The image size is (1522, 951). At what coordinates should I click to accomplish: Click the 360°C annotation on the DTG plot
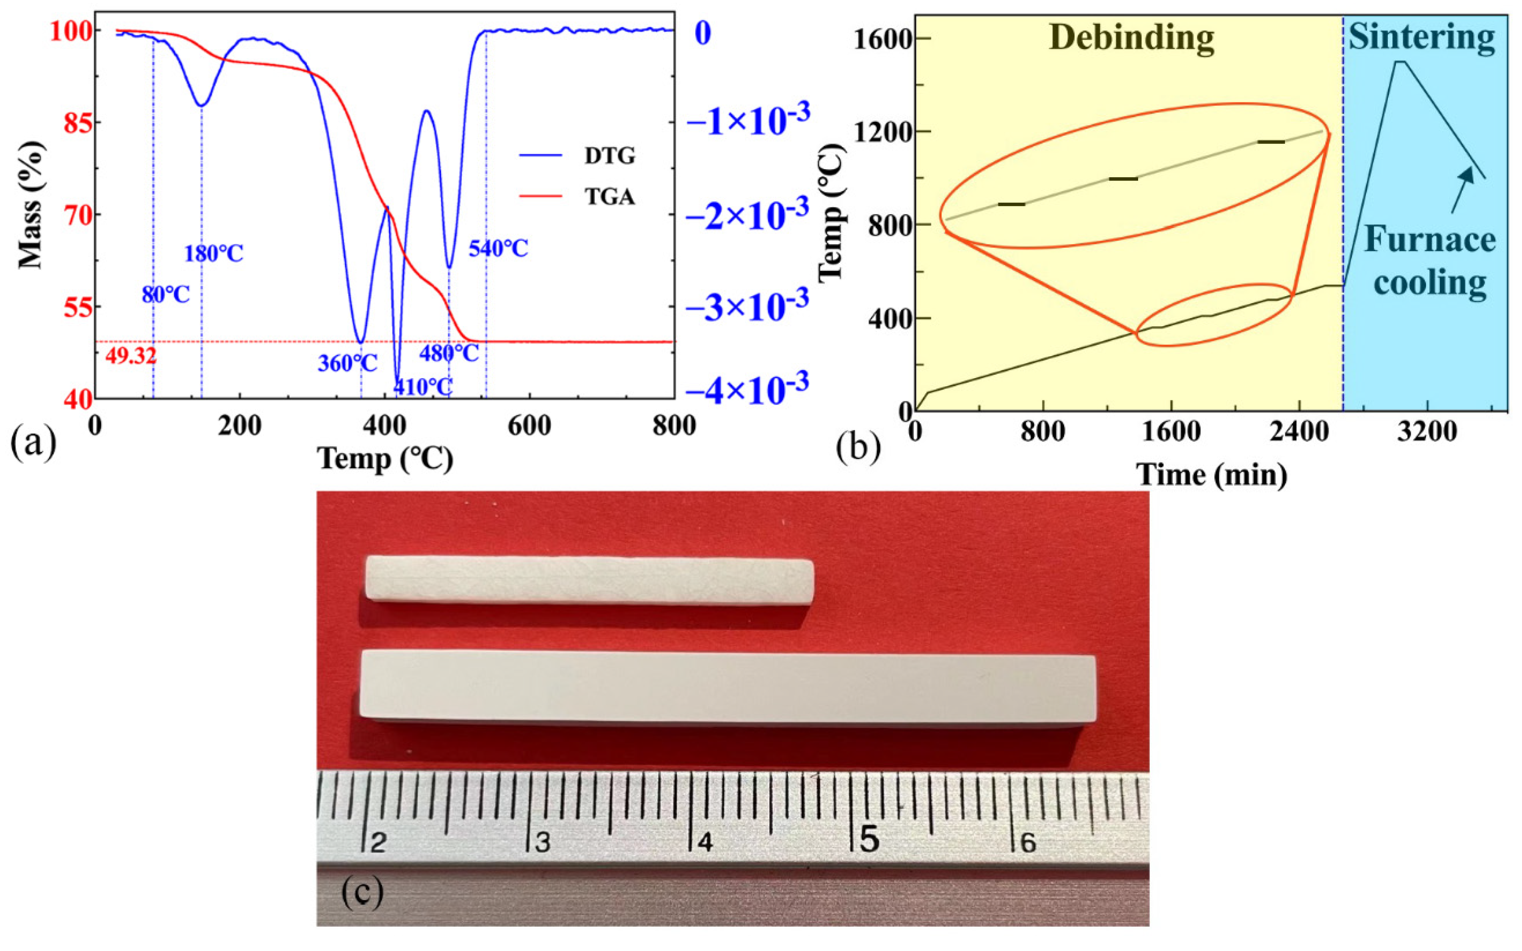pos(347,363)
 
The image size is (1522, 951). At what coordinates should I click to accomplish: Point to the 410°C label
pos(423,387)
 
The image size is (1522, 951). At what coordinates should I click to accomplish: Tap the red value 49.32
pos(130,357)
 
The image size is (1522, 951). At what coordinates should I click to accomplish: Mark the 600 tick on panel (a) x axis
pos(529,426)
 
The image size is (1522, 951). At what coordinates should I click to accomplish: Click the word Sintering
pos(1421,38)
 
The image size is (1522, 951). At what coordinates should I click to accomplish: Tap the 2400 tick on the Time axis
pos(1299,432)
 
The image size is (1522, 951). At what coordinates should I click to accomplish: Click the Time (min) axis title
pos(1212,474)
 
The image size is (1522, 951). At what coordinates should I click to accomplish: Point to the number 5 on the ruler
pos(869,840)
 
